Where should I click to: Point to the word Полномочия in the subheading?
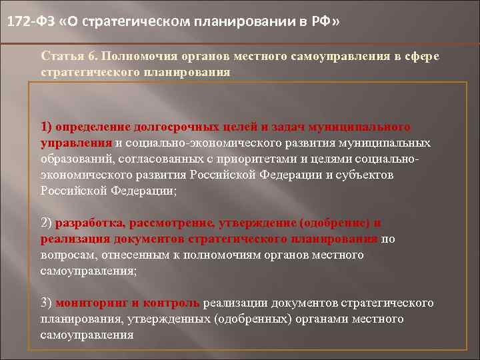pos(139,56)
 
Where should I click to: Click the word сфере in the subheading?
pos(419,56)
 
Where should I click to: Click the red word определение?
pos(94,127)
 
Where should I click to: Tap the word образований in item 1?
pos(75,159)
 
